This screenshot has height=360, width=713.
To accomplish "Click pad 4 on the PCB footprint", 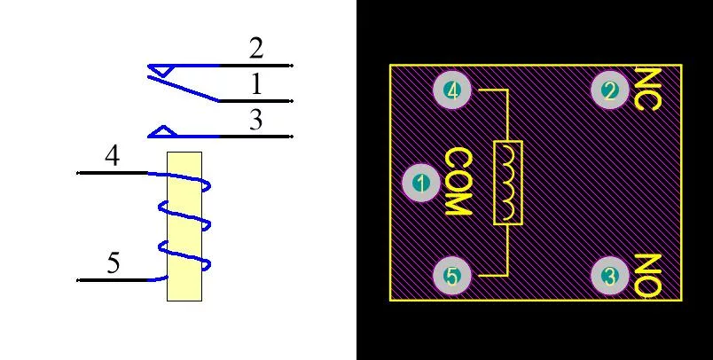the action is [451, 90].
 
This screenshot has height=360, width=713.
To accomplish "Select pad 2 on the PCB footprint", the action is [610, 90].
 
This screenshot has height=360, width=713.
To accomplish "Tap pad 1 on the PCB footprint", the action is [421, 184].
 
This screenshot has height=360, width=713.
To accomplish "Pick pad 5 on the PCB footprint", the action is [451, 276].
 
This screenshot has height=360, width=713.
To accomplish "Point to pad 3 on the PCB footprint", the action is [610, 276].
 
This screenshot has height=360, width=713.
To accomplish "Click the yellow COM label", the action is [458, 182].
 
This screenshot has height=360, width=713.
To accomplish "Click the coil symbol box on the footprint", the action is [508, 183].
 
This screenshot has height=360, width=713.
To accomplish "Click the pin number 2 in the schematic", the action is [256, 49].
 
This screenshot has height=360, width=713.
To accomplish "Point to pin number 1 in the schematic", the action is [257, 84].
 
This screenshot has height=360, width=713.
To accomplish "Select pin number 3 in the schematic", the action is [256, 120].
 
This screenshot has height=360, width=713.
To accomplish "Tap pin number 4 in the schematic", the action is [113, 155].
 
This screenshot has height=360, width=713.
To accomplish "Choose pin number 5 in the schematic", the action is [114, 262].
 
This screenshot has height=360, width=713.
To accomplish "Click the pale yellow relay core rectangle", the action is [184, 226].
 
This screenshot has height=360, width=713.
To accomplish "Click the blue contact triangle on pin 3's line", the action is [162, 131].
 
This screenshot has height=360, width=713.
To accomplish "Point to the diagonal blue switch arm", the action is [183, 89].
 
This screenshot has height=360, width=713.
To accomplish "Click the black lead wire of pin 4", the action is [113, 173].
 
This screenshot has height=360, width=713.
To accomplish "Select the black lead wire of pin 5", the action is [113, 280].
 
